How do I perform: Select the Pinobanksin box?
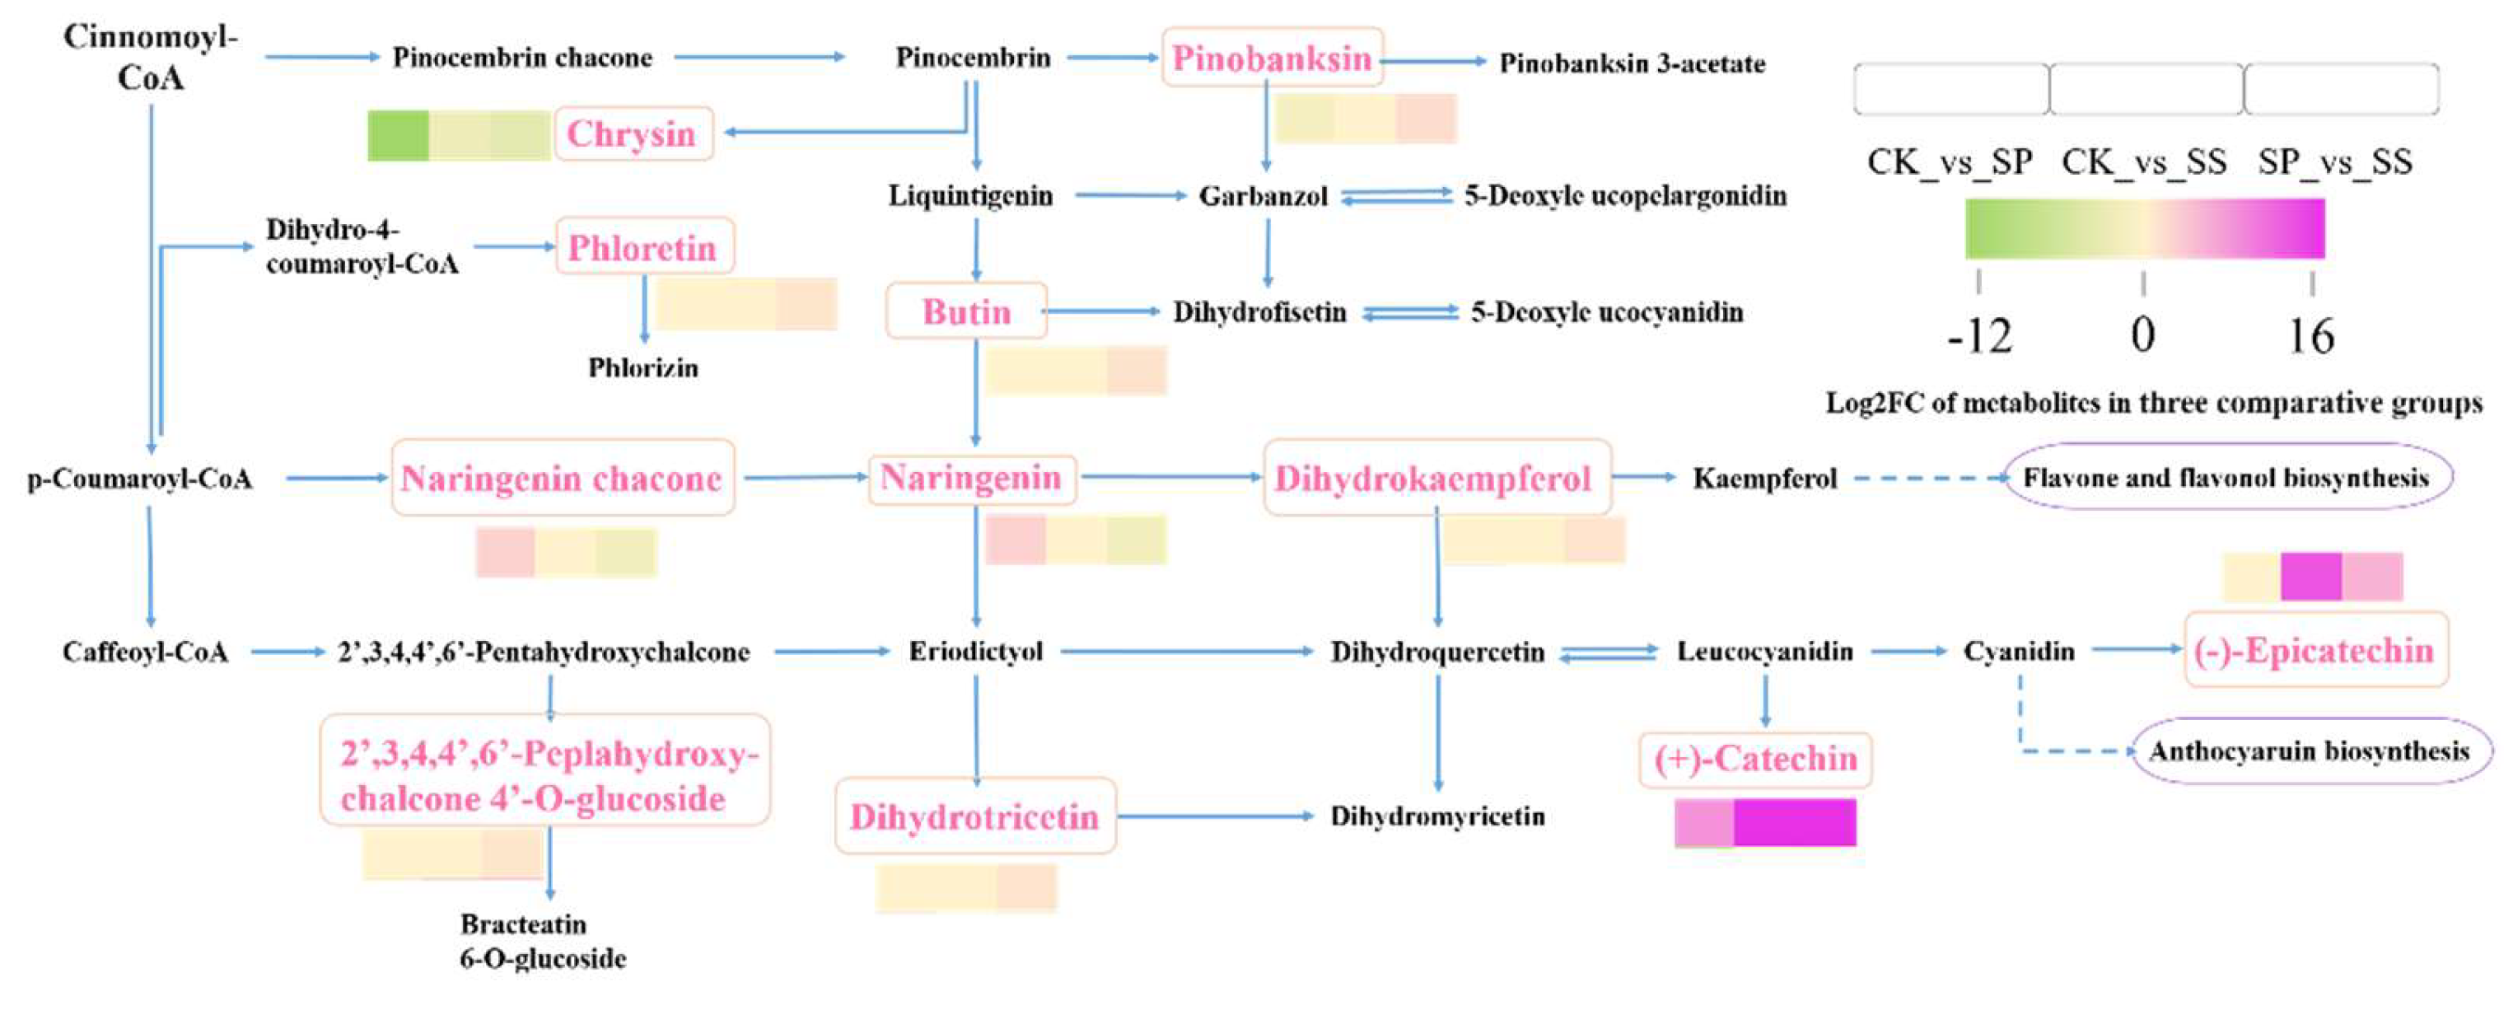coord(1272,58)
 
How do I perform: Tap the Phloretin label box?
coord(644,247)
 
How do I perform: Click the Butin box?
coord(966,311)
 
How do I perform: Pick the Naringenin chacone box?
coord(562,478)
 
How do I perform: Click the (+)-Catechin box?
coord(1755,760)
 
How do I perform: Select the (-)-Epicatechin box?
coord(2314,650)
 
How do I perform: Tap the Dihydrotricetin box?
coord(974,816)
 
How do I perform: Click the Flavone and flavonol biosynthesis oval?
coord(2226,477)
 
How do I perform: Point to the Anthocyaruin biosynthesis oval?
coord(2309,750)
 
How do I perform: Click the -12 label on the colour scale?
coord(1979,337)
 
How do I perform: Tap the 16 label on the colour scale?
coord(2311,337)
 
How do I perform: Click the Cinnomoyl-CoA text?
coord(152,57)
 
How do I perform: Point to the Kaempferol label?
coord(1765,478)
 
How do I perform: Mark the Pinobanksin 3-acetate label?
coord(1632,64)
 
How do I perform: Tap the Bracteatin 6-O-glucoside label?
coord(543,941)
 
